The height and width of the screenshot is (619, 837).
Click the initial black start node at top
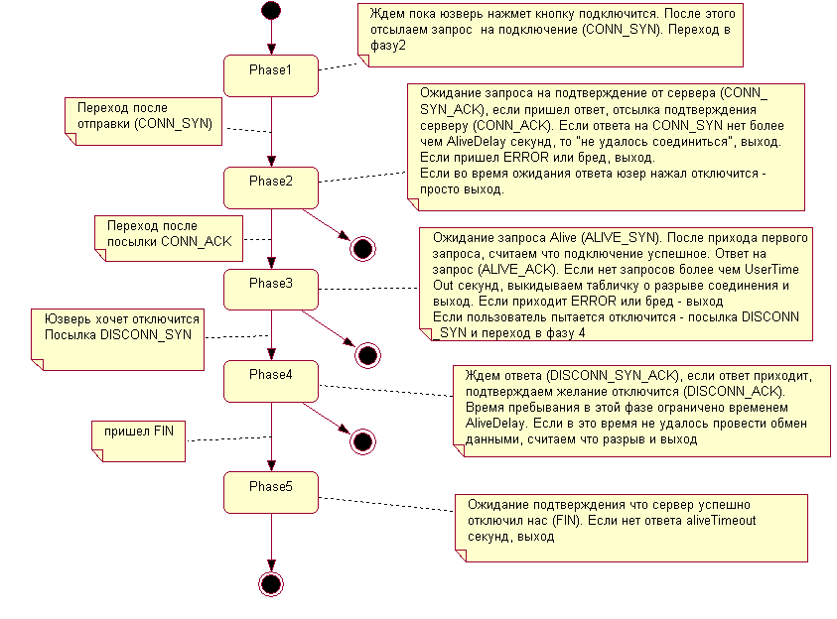(x=270, y=11)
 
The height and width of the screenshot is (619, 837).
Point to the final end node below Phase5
(x=270, y=583)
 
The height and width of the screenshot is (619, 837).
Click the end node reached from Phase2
(x=362, y=248)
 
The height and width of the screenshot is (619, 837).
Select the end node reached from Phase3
(x=368, y=353)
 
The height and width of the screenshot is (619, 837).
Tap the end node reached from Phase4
(x=362, y=441)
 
